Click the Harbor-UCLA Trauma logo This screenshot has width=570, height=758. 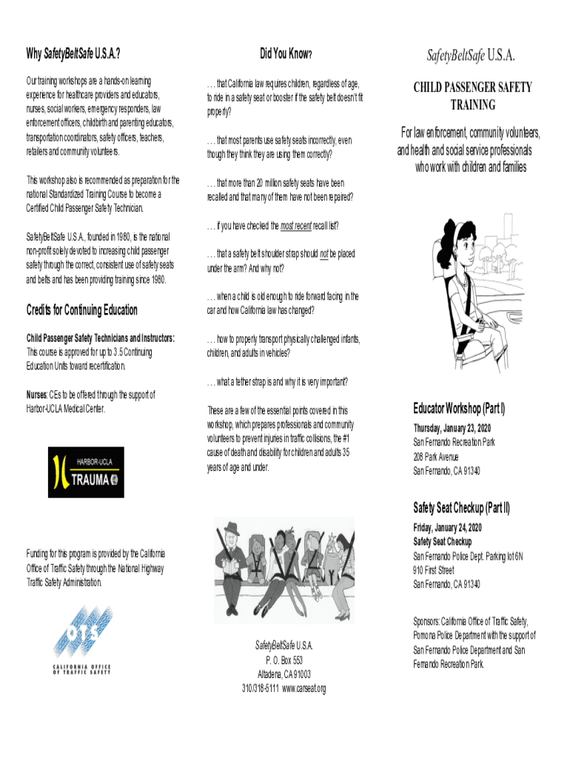click(86, 472)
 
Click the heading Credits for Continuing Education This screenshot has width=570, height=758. click(81, 309)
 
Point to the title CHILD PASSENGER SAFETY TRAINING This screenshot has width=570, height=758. click(473, 96)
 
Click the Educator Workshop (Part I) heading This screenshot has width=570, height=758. click(459, 408)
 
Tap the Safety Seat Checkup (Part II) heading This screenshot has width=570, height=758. click(462, 508)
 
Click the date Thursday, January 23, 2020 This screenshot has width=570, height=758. click(452, 429)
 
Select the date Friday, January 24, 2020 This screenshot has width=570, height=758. click(447, 528)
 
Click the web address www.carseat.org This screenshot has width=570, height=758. click(304, 688)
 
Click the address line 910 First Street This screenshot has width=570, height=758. click(434, 571)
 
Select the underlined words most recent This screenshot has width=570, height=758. click(296, 225)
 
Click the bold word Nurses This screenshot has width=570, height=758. click(37, 395)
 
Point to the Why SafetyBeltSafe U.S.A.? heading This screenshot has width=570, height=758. click(73, 54)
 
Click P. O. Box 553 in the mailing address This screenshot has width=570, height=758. click(284, 660)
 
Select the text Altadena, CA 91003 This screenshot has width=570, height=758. click(284, 674)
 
